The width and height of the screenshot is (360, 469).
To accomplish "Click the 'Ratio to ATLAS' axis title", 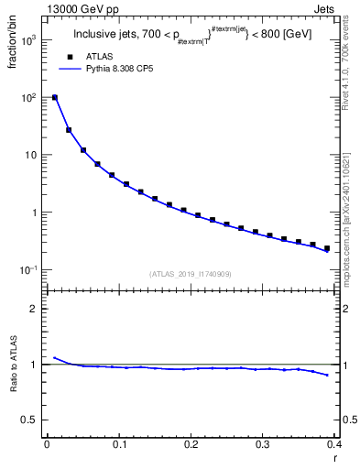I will [14, 365].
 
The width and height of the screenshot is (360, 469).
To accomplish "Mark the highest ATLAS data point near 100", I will [55, 97].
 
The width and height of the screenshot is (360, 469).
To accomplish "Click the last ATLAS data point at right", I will [327, 247].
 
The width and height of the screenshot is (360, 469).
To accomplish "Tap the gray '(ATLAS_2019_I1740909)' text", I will [190, 274].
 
